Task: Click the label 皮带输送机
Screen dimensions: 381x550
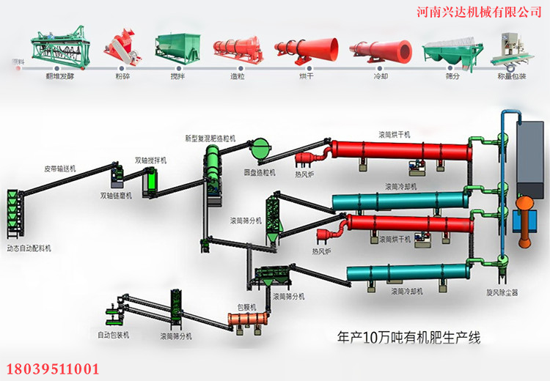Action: click(60, 169)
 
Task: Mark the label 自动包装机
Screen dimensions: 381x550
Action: click(114, 335)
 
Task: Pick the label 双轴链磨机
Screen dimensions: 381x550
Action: click(117, 196)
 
